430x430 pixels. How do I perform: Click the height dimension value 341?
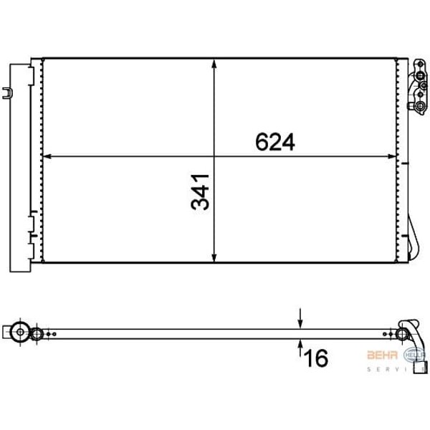pyautogui.click(x=201, y=191)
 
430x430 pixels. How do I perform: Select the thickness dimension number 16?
pyautogui.click(x=316, y=356)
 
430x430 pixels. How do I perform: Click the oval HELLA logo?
pyautogui.click(x=415, y=355)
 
